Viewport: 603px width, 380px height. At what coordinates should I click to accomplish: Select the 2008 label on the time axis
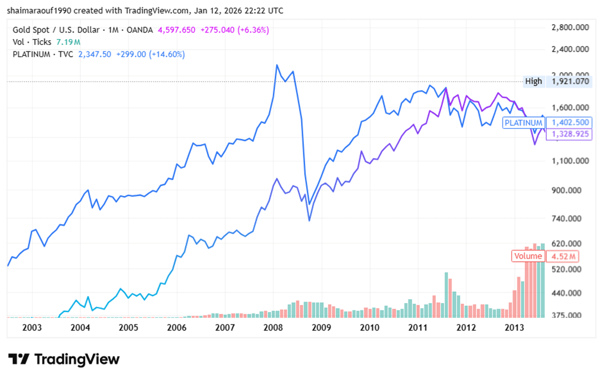pyautogui.click(x=273, y=327)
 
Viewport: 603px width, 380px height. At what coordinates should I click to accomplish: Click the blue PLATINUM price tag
pyautogui.click(x=523, y=123)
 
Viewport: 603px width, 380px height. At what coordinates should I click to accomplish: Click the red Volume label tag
pyautogui.click(x=528, y=256)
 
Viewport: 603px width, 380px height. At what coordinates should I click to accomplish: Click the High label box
pyautogui.click(x=533, y=82)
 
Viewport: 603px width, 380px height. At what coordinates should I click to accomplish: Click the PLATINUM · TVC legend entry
pyautogui.click(x=43, y=54)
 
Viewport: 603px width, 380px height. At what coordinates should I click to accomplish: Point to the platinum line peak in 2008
pyautogui.click(x=276, y=65)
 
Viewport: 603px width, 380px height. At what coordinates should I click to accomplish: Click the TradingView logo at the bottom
pyautogui.click(x=64, y=359)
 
